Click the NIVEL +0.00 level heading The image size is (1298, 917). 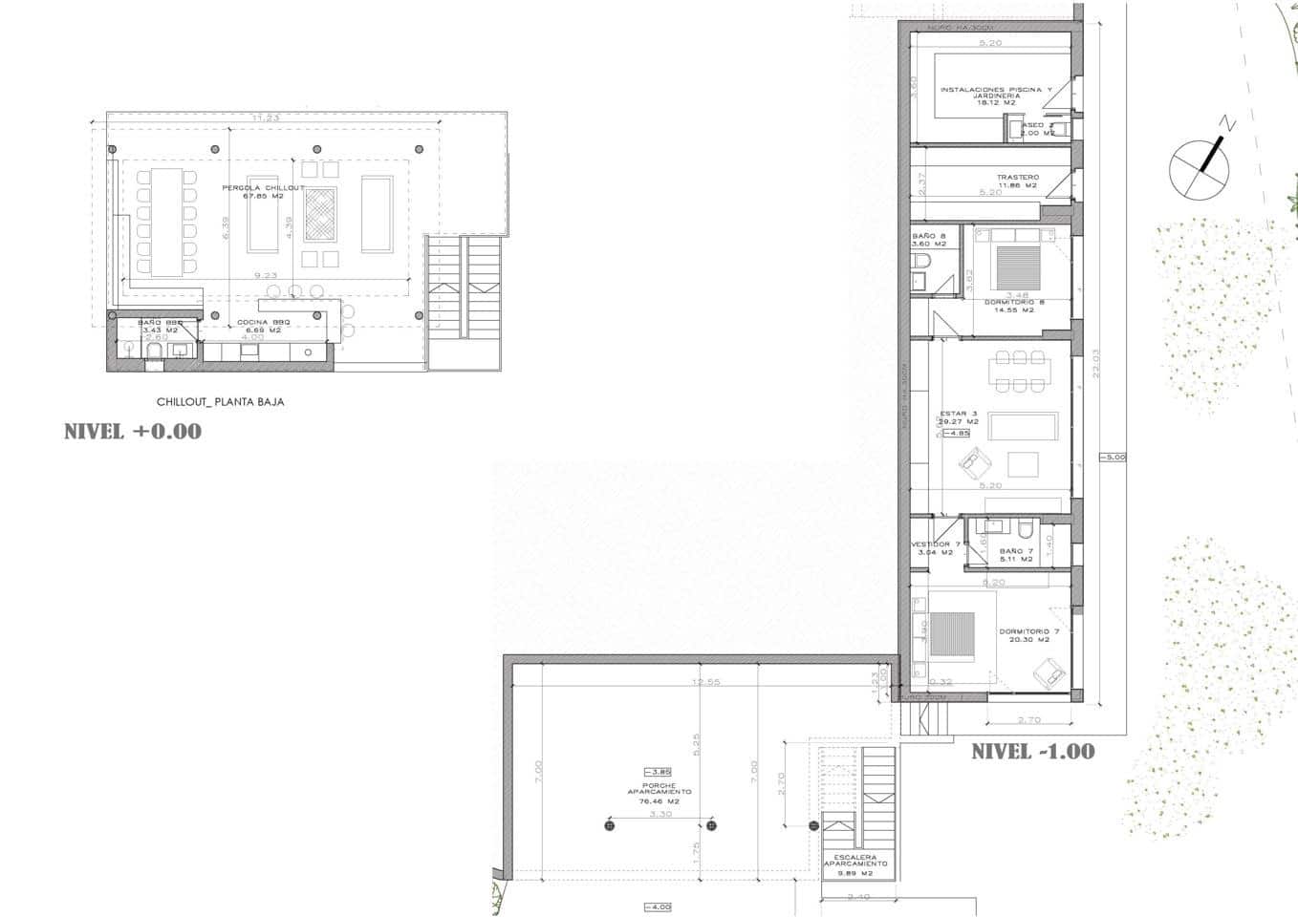tap(133, 432)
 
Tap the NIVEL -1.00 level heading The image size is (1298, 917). tap(1033, 752)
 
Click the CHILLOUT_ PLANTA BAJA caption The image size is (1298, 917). tap(220, 402)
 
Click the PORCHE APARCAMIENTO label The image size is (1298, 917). tap(660, 793)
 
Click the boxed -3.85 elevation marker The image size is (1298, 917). tap(659, 772)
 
